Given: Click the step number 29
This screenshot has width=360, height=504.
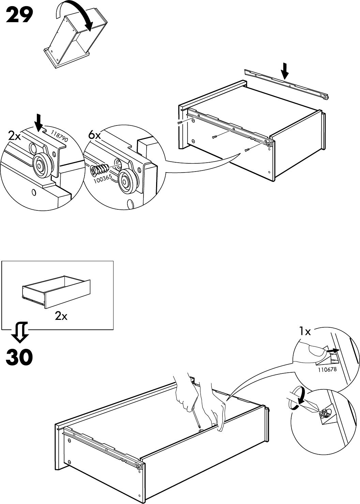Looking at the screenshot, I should [19, 15].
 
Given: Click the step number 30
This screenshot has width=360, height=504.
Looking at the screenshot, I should [19, 357].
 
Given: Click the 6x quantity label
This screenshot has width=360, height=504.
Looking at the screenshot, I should [94, 135].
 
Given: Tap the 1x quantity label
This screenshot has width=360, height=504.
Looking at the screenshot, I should [305, 331].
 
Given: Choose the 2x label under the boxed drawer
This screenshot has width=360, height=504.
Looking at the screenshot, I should [61, 316].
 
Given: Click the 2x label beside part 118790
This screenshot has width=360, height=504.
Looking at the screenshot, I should [15, 136].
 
